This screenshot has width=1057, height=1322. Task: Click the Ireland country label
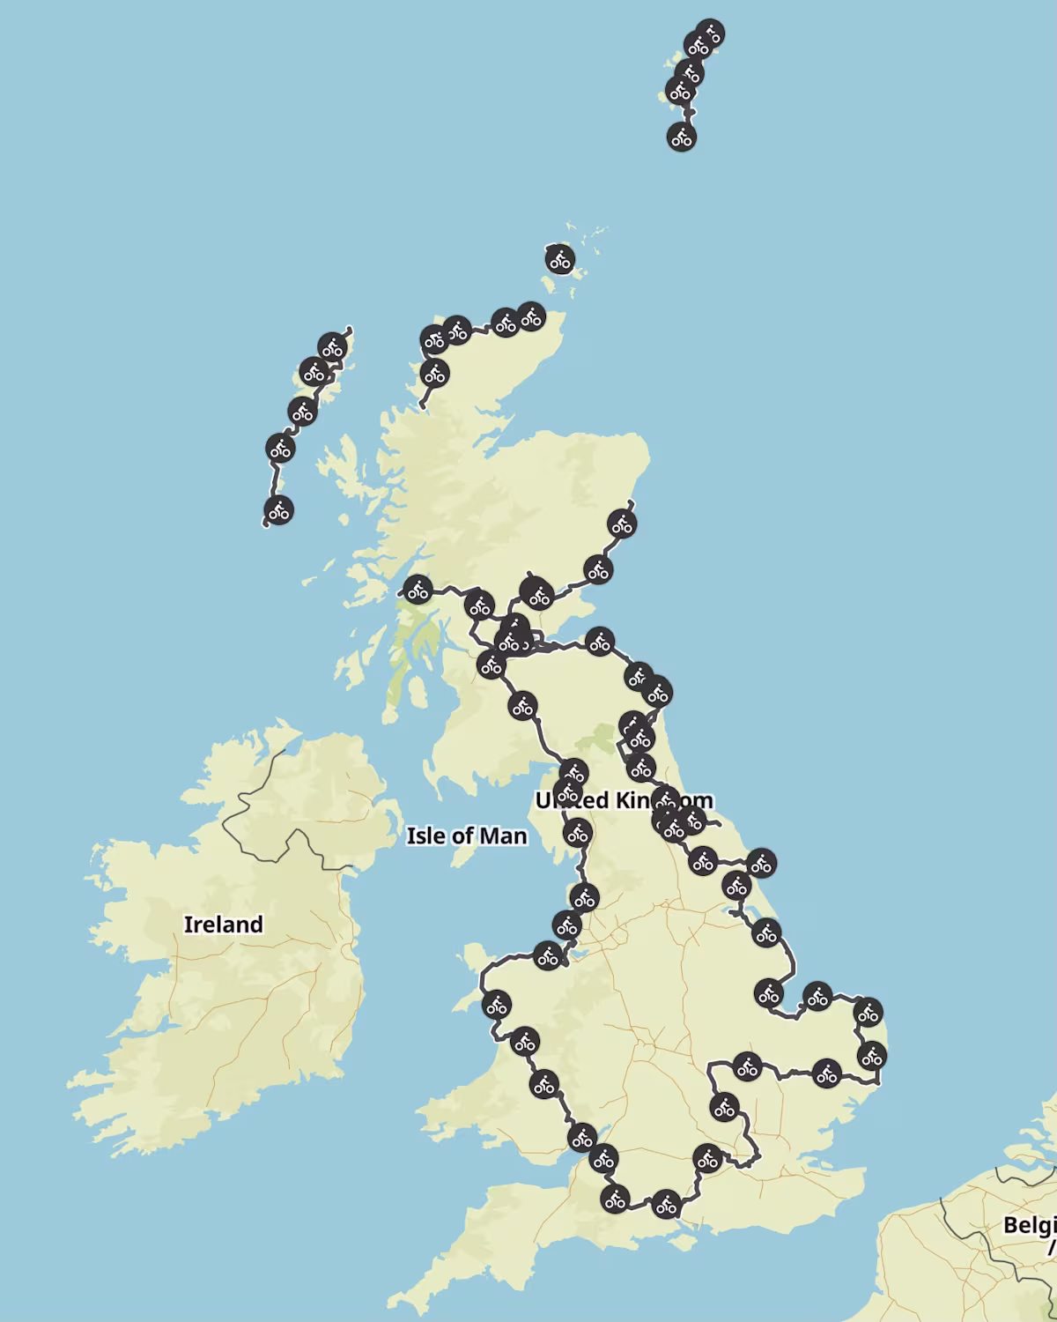pyautogui.click(x=223, y=925)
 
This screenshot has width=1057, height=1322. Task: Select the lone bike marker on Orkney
pyautogui.click(x=559, y=260)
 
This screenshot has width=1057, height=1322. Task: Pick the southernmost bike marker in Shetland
pyautogui.click(x=681, y=137)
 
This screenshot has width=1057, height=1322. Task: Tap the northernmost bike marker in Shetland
pyautogui.click(x=710, y=34)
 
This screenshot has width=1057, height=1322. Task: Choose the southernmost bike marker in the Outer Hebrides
pyautogui.click(x=278, y=510)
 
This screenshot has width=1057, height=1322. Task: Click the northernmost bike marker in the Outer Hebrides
pyautogui.click(x=331, y=347)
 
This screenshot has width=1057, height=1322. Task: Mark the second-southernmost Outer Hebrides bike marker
pyautogui.click(x=280, y=449)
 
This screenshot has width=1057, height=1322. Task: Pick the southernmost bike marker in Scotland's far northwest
pyautogui.click(x=433, y=374)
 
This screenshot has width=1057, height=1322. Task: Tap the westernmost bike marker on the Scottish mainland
pyautogui.click(x=418, y=589)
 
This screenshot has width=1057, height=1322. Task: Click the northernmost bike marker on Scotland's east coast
pyautogui.click(x=622, y=525)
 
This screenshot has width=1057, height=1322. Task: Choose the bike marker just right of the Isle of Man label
pyautogui.click(x=577, y=832)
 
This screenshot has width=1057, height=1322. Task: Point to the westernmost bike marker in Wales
pyautogui.click(x=496, y=1005)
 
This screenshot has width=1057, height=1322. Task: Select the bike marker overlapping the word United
pyautogui.click(x=568, y=791)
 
